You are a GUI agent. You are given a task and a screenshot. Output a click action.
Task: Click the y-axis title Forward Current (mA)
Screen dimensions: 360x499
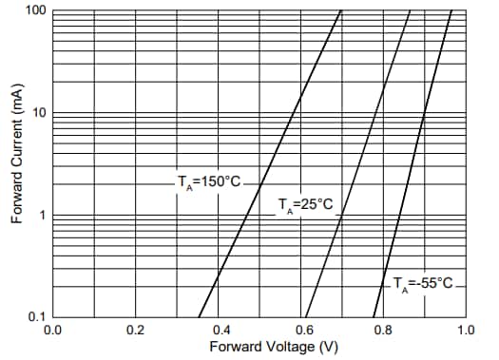click(16, 166)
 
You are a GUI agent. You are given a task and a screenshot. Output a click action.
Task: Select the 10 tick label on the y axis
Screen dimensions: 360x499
click(39, 113)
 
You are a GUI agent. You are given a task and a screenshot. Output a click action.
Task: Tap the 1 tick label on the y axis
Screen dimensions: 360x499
click(42, 215)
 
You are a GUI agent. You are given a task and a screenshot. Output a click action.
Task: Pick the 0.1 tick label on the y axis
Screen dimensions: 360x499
click(37, 316)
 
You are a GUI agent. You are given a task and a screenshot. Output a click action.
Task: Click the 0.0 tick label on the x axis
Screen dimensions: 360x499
click(53, 330)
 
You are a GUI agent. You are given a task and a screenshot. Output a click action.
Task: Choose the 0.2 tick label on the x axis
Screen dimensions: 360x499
click(135, 330)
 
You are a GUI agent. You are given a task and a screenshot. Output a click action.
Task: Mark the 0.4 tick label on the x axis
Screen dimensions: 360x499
click(218, 330)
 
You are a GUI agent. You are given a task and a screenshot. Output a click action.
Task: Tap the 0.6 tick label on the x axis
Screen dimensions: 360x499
click(300, 330)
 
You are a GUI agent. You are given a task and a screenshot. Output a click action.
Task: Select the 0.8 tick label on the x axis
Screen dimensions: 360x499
click(383, 330)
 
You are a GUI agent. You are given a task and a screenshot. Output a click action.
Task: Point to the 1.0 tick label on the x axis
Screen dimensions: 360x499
click(465, 330)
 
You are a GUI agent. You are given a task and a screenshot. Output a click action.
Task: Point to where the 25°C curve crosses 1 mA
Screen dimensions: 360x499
click(339, 215)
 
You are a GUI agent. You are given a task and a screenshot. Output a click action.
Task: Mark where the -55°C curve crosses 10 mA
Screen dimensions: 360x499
click(426, 113)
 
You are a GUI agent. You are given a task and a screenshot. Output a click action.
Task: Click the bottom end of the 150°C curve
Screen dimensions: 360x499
click(199, 316)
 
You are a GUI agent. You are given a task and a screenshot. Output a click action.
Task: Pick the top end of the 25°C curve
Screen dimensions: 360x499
click(410, 10)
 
